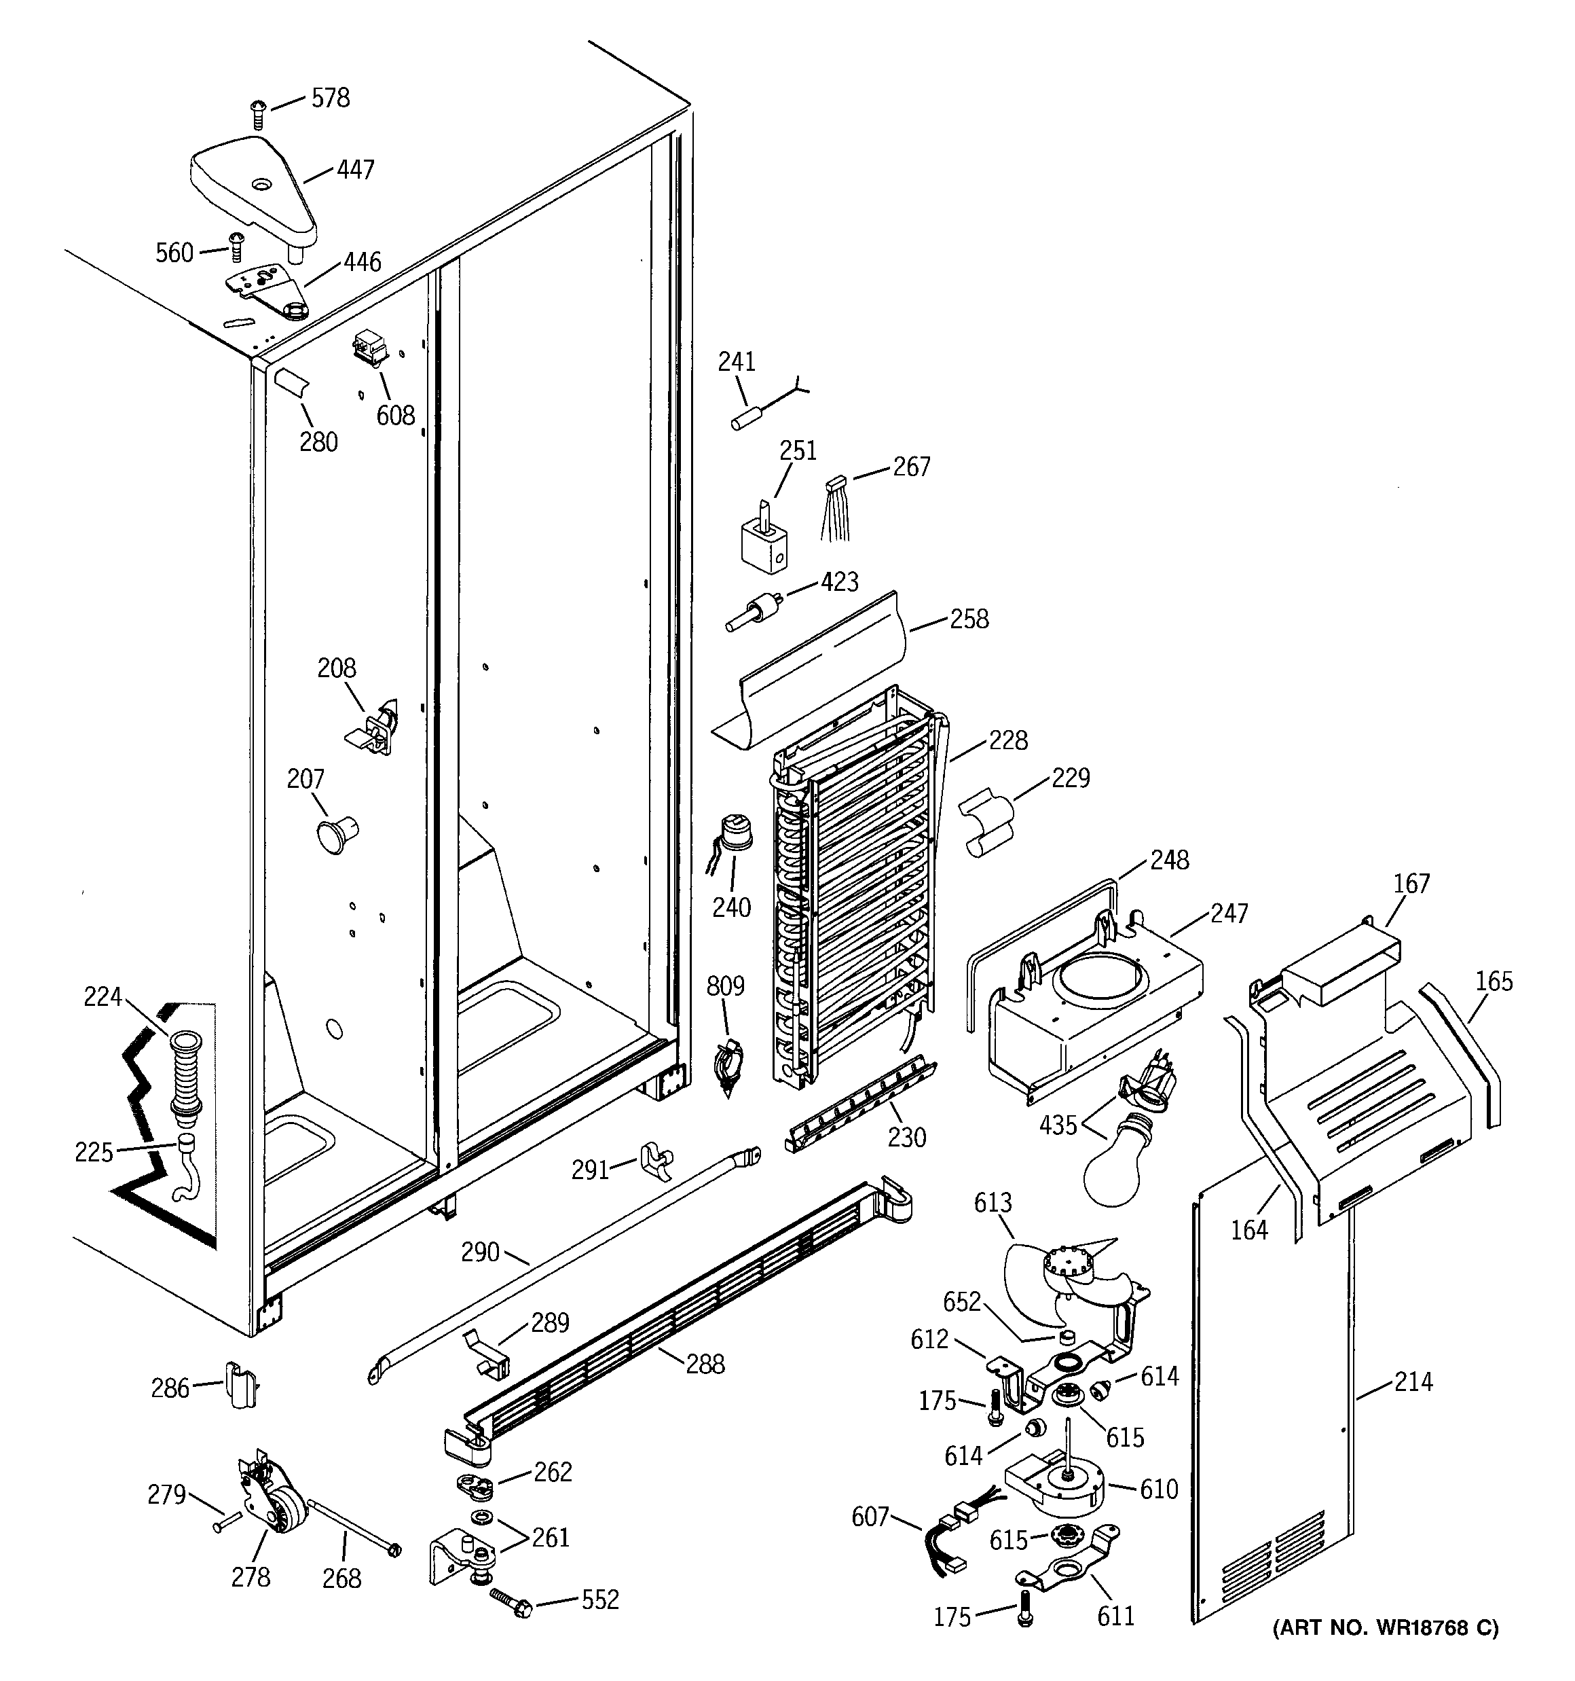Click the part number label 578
pyautogui.click(x=330, y=98)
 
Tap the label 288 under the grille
pyautogui.click(x=705, y=1363)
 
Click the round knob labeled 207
pyautogui.click(x=337, y=832)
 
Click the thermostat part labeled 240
pyautogui.click(x=731, y=832)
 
